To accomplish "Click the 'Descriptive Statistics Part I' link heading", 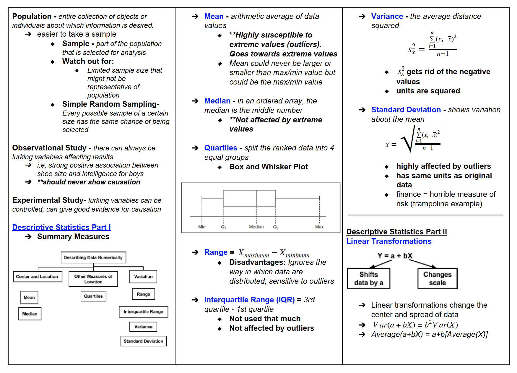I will pyautogui.click(x=61, y=227).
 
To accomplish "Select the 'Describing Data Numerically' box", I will pyautogui.click(x=93, y=257).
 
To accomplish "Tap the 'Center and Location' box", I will pyautogui.click(x=37, y=277).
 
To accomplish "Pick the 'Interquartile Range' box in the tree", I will pyautogui.click(x=143, y=312).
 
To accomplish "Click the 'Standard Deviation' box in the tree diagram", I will pyautogui.click(x=143, y=341).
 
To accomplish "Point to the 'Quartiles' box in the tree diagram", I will pyautogui.click(x=93, y=296).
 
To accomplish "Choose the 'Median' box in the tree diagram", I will pyautogui.click(x=30, y=314).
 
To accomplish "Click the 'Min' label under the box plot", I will pyautogui.click(x=202, y=227).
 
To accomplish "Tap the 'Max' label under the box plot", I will pyautogui.click(x=319, y=227).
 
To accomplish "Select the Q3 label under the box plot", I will pyautogui.click(x=275, y=227).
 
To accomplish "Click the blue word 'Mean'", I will pyautogui.click(x=214, y=17).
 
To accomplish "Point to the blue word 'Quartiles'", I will pyautogui.click(x=221, y=148).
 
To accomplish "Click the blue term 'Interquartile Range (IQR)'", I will pyautogui.click(x=249, y=300).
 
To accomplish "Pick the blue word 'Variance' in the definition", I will pyautogui.click(x=387, y=17).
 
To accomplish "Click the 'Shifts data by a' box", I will pyautogui.click(x=368, y=278).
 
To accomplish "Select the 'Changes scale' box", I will pyautogui.click(x=437, y=278).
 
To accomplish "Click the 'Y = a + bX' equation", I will pyautogui.click(x=395, y=256).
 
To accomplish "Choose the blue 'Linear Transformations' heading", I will pyautogui.click(x=389, y=241).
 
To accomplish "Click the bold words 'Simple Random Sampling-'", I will pyautogui.click(x=111, y=104).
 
